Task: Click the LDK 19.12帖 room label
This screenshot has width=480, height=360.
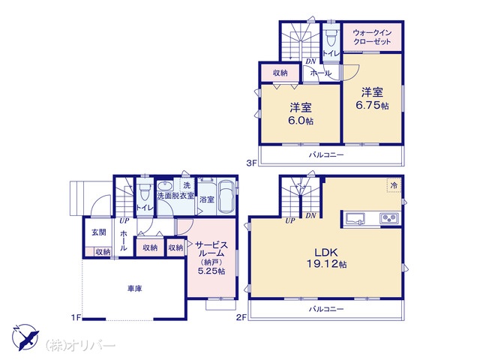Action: [327, 258]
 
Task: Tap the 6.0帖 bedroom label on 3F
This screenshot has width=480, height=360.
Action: [301, 114]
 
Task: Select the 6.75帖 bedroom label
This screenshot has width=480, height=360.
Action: [372, 98]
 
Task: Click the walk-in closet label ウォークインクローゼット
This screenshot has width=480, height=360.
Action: [372, 37]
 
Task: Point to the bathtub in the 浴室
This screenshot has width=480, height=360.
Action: [226, 196]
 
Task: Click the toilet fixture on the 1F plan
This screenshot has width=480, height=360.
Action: [144, 191]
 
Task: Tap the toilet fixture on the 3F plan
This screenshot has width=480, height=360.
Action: [331, 37]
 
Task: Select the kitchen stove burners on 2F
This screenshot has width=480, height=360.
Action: [389, 218]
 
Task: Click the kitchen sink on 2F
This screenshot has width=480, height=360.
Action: [355, 219]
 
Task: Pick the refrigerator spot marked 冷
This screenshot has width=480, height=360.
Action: [394, 185]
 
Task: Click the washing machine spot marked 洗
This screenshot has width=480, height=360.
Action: [187, 185]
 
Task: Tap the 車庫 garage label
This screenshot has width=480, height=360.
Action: [135, 288]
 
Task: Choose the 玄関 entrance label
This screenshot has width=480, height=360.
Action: [99, 232]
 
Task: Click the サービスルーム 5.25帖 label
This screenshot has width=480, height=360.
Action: [211, 258]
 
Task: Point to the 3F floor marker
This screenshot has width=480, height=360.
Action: [251, 163]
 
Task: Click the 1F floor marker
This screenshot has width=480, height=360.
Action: [76, 318]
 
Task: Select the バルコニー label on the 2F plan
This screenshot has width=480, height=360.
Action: [326, 309]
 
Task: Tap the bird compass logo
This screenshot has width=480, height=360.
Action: [26, 337]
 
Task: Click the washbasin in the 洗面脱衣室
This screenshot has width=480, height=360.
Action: [166, 186]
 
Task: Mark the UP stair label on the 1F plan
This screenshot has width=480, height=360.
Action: [124, 220]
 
